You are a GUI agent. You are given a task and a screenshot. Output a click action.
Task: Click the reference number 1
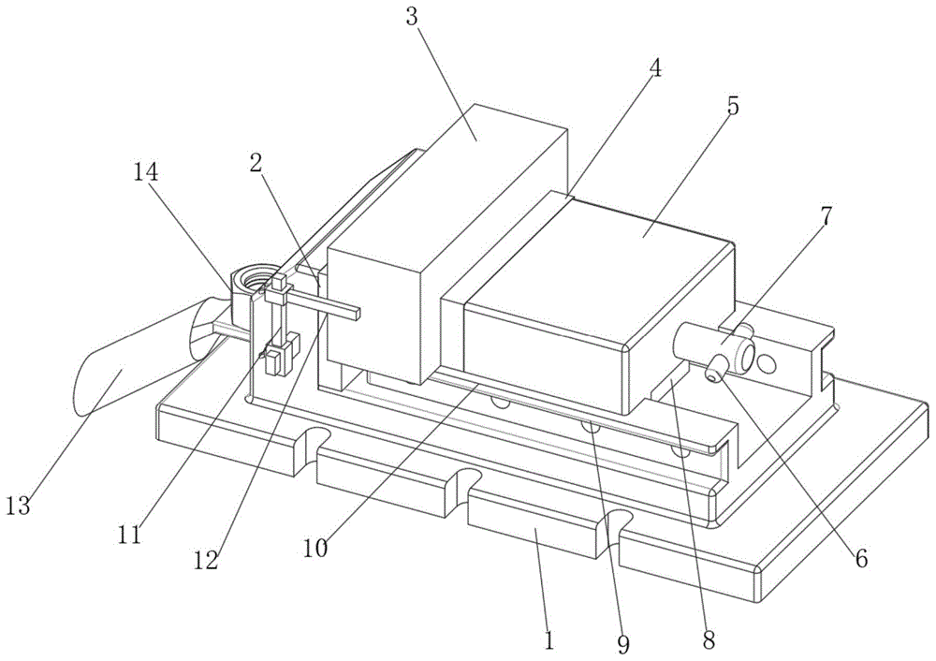point(549,639)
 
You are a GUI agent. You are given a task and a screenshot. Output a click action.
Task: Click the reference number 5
point(732,105)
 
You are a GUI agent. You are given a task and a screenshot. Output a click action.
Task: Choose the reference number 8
point(709,639)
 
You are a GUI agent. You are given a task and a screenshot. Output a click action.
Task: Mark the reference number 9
point(623,644)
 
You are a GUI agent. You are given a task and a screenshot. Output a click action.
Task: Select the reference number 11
point(129,535)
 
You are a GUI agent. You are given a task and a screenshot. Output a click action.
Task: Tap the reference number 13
point(19,507)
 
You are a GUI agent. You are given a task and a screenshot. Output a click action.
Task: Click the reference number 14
point(146,173)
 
